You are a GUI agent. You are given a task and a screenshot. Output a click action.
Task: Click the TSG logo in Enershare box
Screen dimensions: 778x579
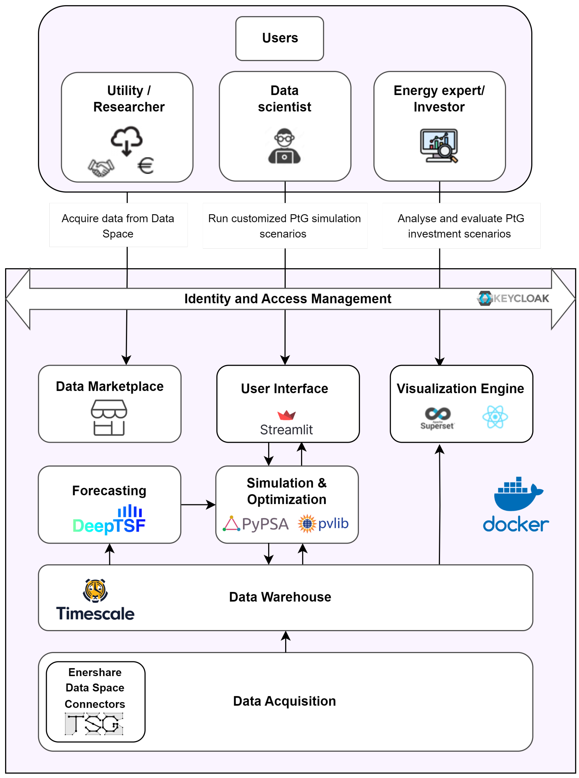(94, 724)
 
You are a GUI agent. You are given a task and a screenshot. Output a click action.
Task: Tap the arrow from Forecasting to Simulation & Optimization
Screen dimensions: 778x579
(198, 505)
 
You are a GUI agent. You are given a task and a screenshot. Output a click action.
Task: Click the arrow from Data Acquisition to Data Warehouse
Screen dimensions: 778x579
(286, 641)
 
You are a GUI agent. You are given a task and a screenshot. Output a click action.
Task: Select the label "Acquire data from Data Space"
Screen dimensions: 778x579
(118, 226)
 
